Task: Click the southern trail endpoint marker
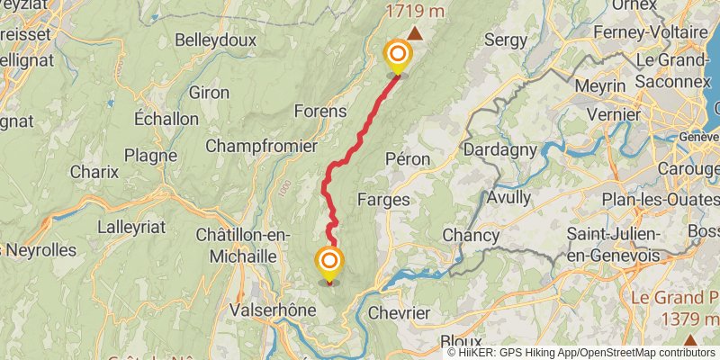click(330, 263)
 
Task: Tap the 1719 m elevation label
click(415, 12)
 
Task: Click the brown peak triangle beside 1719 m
click(415, 33)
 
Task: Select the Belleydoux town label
click(216, 40)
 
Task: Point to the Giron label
click(210, 92)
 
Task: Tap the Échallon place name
click(166, 119)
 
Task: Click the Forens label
click(320, 112)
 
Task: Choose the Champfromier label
click(261, 145)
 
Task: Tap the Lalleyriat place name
click(131, 227)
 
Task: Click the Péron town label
click(407, 158)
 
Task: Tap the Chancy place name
click(470, 235)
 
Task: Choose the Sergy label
click(505, 40)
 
